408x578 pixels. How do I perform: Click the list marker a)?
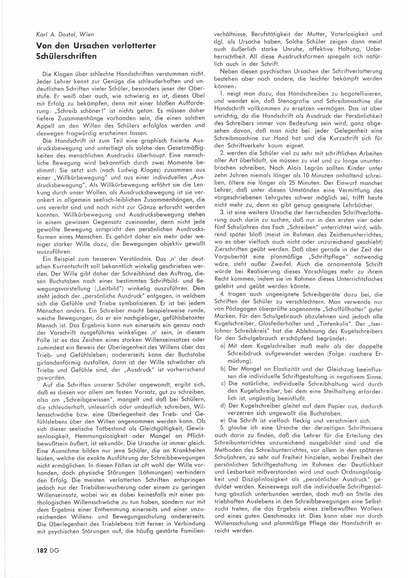223,346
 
